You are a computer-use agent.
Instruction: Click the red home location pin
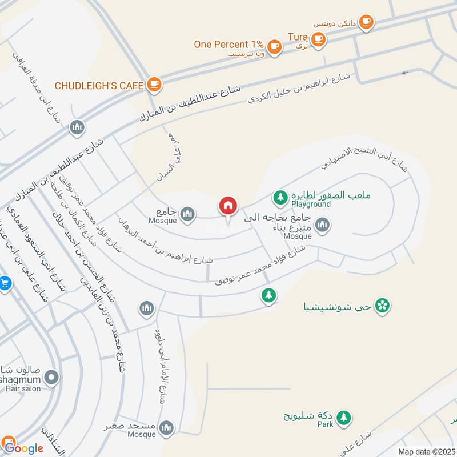click(x=227, y=206)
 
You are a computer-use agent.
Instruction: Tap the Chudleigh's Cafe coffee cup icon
click(x=154, y=85)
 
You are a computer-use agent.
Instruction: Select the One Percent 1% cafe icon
click(x=275, y=45)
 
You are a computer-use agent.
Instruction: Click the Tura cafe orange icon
click(x=318, y=39)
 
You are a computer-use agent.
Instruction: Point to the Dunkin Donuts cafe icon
click(x=367, y=22)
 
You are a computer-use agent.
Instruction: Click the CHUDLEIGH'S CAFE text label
click(x=98, y=86)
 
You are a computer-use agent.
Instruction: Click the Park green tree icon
click(x=343, y=418)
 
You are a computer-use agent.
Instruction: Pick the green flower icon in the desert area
click(x=383, y=306)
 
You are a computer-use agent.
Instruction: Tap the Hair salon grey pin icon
click(x=52, y=377)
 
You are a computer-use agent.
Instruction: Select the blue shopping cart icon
click(x=5, y=282)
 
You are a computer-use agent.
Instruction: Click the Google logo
click(x=22, y=447)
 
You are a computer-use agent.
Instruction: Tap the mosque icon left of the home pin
click(x=187, y=214)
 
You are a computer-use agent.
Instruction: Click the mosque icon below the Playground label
click(x=322, y=226)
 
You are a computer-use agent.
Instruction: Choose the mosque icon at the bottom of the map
click(x=166, y=427)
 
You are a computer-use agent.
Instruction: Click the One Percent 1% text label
click(x=228, y=45)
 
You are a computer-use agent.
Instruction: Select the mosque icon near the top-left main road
click(x=77, y=127)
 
